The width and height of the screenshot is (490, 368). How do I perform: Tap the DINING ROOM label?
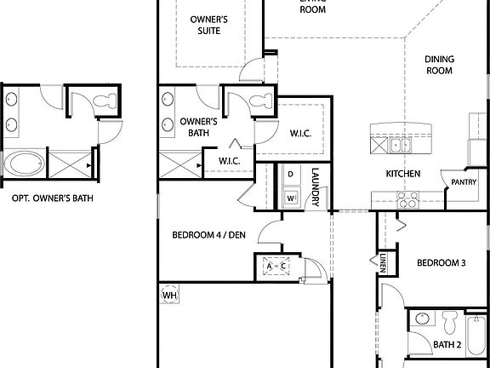click(x=440, y=66)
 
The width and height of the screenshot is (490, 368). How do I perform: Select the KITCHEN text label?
click(x=403, y=174)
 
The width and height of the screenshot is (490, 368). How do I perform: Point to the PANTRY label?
click(x=463, y=181)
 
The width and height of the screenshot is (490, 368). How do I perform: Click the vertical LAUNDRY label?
click(x=315, y=187)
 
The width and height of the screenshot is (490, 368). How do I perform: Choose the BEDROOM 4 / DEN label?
click(x=208, y=235)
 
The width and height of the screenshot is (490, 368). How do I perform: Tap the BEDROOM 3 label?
click(x=441, y=263)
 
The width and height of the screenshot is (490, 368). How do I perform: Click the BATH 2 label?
click(x=447, y=345)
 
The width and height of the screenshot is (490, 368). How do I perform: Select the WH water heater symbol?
click(x=168, y=296)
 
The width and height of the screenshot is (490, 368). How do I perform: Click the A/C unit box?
click(x=276, y=266)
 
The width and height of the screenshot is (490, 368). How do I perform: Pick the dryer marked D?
click(x=290, y=175)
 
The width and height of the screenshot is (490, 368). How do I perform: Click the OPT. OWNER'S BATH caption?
click(x=52, y=198)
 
